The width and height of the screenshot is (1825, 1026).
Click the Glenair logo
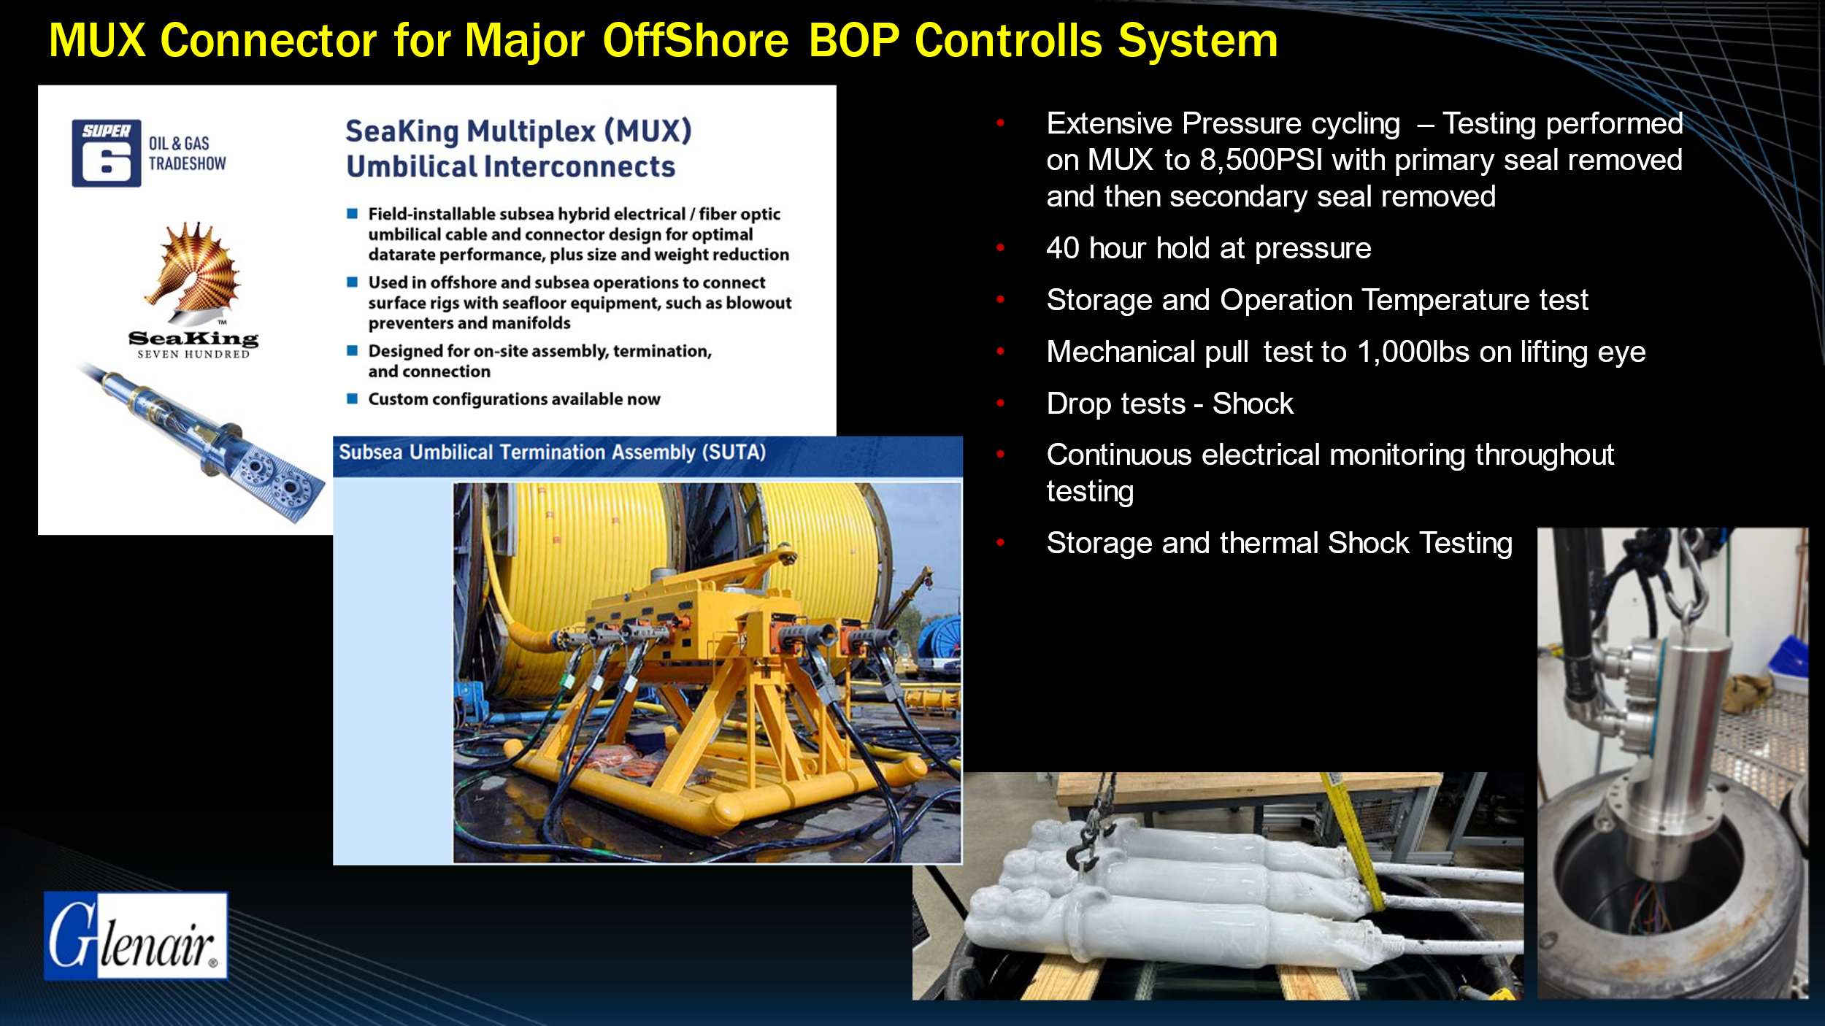[136, 936]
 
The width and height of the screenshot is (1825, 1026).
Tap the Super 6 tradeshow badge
[107, 153]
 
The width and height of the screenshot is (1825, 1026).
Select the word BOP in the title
[853, 40]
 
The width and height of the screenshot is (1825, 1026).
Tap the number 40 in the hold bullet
[1062, 248]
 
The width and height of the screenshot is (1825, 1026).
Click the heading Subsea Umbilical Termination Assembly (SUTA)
[553, 452]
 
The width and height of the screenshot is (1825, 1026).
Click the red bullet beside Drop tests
[1001, 403]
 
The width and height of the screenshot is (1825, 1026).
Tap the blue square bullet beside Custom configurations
[352, 398]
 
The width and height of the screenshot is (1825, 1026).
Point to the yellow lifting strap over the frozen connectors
[1359, 839]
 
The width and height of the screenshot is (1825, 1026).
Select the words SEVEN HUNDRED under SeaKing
[193, 355]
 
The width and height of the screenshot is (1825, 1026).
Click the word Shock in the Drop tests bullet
[1253, 404]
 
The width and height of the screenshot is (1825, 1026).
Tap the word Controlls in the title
[1008, 40]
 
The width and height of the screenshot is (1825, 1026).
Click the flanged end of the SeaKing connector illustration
[281, 482]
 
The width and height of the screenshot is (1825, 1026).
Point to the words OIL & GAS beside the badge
[179, 144]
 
